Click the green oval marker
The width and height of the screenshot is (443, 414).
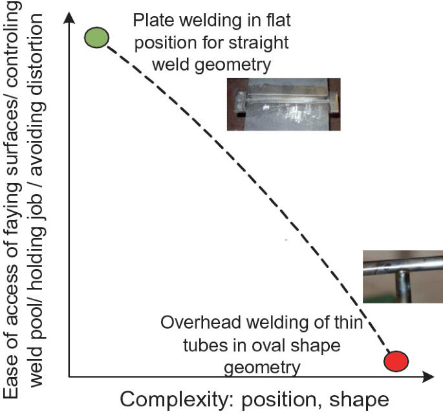96,37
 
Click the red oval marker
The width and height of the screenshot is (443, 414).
396,361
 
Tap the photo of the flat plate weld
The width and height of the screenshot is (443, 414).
283,103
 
